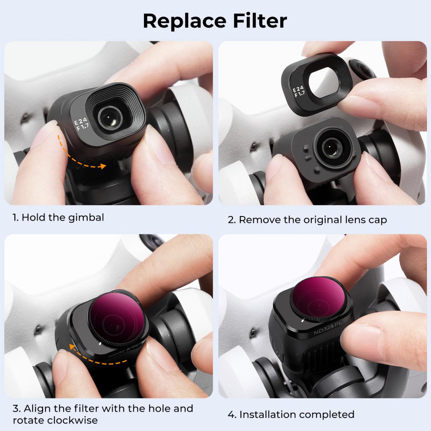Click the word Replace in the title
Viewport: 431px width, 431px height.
point(184,21)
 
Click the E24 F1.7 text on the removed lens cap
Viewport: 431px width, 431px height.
point(299,92)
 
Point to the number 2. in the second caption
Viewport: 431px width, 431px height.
point(232,219)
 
